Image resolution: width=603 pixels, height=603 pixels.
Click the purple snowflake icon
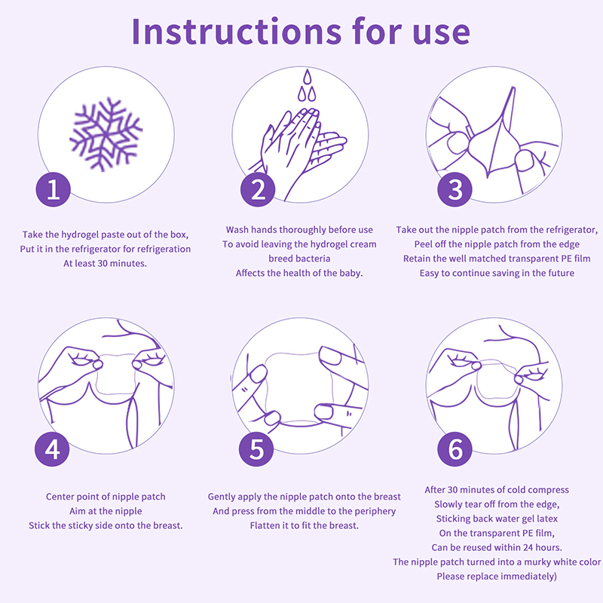(106, 134)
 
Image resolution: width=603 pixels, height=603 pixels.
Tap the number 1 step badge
(53, 189)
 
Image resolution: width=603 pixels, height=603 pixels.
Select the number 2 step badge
(258, 189)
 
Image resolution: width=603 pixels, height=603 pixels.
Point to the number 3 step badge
(455, 189)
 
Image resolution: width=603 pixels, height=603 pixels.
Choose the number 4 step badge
(52, 448)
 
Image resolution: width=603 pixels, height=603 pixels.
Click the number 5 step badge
(256, 448)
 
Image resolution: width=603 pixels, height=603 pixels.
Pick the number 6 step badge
(455, 448)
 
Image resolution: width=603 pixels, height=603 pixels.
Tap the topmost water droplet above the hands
(307, 77)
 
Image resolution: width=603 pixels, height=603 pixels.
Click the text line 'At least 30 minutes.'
(105, 263)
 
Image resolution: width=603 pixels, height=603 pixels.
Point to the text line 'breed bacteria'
(299, 259)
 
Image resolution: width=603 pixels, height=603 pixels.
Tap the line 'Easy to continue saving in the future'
(497, 273)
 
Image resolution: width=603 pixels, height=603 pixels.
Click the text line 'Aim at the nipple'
(106, 511)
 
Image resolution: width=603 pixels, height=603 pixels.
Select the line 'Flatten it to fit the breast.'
(305, 525)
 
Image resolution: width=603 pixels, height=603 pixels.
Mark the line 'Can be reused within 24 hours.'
(497, 547)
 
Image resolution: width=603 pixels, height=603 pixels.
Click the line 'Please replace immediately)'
(497, 576)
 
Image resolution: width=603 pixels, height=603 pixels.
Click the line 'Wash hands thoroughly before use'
(299, 230)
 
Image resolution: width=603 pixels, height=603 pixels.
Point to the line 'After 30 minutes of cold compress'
(497, 490)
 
